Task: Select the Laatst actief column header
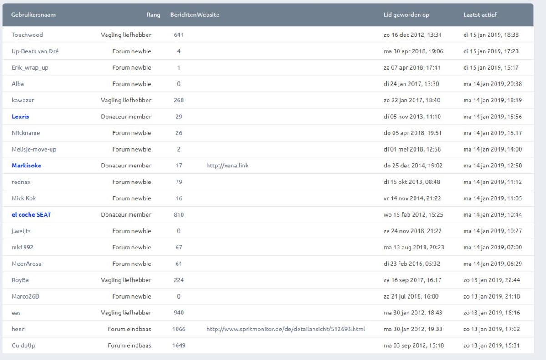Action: click(480, 15)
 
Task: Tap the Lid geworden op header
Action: click(406, 15)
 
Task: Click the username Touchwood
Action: click(27, 35)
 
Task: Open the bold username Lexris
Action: click(20, 117)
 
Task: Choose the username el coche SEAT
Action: click(31, 215)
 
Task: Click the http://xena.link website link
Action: click(227, 166)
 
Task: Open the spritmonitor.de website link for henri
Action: click(285, 329)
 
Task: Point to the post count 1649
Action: click(178, 345)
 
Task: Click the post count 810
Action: click(178, 215)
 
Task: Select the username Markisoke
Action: click(26, 166)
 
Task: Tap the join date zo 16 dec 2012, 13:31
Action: click(413, 35)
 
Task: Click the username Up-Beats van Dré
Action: click(35, 51)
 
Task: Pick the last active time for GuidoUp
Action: click(490, 345)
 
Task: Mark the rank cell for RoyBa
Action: click(126, 280)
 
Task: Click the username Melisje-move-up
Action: click(34, 149)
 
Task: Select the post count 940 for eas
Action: click(178, 313)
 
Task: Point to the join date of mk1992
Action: click(414, 248)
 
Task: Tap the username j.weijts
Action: click(21, 231)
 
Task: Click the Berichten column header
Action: click(183, 15)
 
